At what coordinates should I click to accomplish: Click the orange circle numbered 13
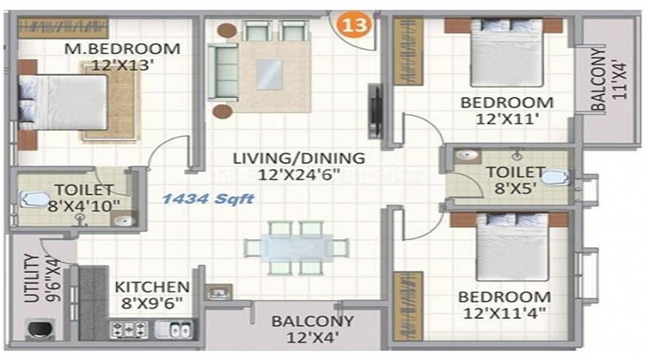click(x=354, y=24)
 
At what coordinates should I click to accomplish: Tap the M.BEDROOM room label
click(x=122, y=49)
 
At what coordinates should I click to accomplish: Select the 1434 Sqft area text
click(x=208, y=199)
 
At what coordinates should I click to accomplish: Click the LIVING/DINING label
click(x=299, y=158)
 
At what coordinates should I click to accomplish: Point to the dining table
click(x=297, y=248)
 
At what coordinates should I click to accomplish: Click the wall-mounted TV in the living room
click(x=375, y=111)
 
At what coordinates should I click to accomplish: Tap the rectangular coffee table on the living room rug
click(x=270, y=74)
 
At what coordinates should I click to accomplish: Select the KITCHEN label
click(x=152, y=287)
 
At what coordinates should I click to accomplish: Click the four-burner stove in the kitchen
click(x=129, y=330)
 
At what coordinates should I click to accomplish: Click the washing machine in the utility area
click(x=40, y=330)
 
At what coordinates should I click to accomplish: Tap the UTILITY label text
click(x=32, y=278)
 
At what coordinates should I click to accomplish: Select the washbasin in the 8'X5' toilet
click(x=467, y=156)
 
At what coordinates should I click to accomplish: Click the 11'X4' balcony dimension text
click(x=619, y=80)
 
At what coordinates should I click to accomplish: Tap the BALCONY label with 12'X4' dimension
click(x=313, y=321)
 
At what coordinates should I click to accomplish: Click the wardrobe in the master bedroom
click(x=63, y=27)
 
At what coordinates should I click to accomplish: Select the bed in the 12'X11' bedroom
click(x=507, y=52)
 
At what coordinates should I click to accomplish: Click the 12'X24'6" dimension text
click(x=299, y=175)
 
